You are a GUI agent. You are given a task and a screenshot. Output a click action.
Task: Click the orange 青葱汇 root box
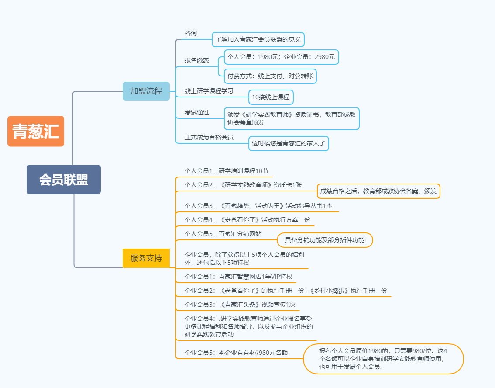[36, 131]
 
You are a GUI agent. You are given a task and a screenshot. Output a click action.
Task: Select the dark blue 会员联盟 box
[64, 180]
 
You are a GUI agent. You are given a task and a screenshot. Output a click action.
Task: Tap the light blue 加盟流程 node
[146, 91]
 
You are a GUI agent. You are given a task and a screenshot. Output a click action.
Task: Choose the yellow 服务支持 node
[146, 258]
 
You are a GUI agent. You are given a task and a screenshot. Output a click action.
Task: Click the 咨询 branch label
[191, 33]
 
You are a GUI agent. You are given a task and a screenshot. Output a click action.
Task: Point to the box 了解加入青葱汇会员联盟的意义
[258, 39]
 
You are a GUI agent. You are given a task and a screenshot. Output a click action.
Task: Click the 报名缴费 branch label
[197, 60]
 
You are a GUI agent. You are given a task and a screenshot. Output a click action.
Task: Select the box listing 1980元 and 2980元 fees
[281, 57]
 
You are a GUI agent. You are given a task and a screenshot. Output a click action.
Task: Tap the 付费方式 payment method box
[270, 76]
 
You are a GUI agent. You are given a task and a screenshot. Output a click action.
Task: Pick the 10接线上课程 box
[271, 97]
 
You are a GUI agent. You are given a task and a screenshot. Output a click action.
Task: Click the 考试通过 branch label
[197, 112]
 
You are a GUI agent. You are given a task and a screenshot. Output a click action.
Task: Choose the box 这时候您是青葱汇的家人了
[289, 143]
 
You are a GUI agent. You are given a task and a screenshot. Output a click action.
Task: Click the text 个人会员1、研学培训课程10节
[227, 171]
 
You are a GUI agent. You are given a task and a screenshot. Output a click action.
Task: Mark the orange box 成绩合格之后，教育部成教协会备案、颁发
[378, 191]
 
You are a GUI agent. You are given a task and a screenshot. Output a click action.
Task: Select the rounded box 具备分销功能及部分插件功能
[325, 240]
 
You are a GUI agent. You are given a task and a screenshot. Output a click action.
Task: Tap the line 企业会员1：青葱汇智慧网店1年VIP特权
[238, 277]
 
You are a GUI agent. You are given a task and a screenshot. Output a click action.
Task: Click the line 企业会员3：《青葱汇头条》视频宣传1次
[240, 305]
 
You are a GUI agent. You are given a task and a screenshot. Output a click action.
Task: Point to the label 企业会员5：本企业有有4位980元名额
[236, 353]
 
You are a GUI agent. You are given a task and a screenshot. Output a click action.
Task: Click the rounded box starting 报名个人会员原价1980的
[383, 359]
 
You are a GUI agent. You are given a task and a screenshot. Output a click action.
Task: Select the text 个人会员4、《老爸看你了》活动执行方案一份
[247, 220]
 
